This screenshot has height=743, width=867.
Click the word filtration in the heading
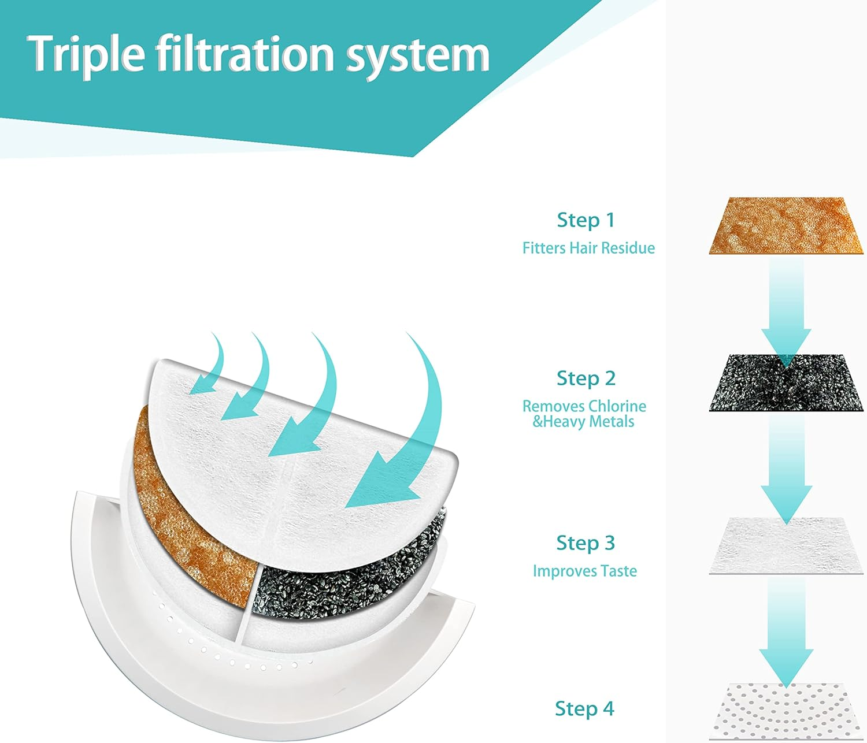(245, 53)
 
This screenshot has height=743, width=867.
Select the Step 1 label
(586, 220)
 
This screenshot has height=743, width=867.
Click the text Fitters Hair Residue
(588, 248)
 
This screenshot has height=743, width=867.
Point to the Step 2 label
(586, 378)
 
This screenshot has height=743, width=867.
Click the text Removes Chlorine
(584, 406)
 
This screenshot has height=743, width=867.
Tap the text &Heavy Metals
(583, 422)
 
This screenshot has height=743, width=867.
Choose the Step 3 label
(585, 543)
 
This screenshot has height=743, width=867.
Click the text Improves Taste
(584, 571)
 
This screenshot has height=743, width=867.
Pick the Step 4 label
(584, 708)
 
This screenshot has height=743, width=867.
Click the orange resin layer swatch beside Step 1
(786, 225)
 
